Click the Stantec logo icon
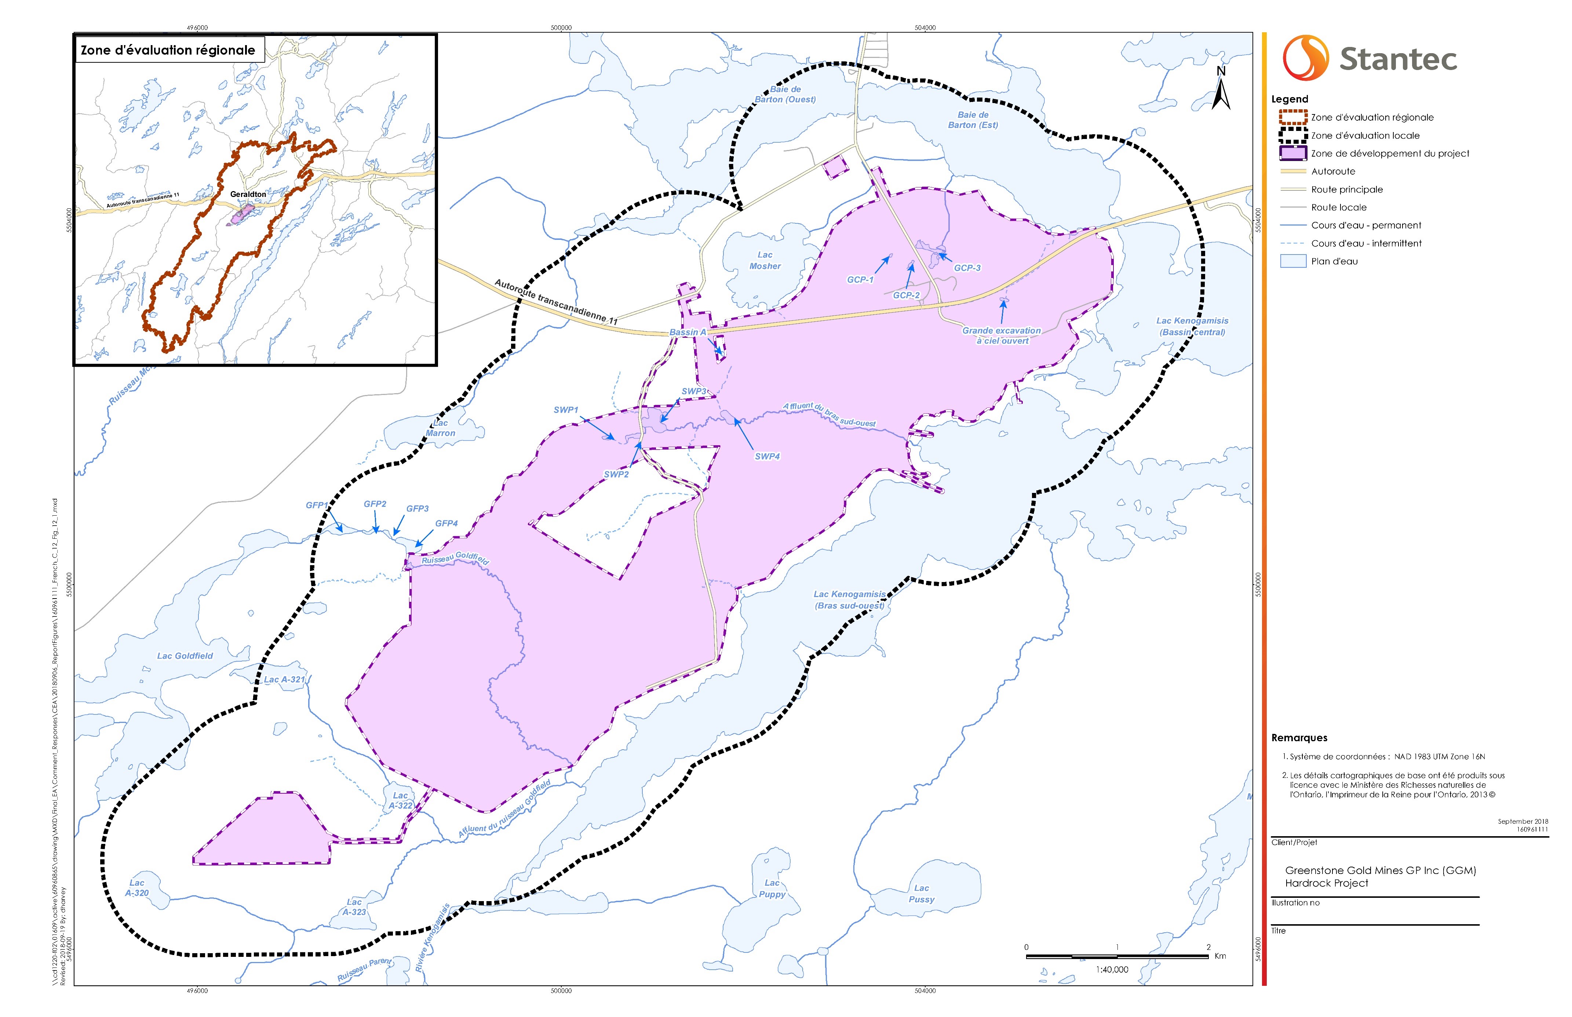pos(1305,58)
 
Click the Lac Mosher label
pos(765,260)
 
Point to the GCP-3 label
pos(967,268)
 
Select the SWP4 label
pos(767,456)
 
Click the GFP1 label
pos(317,505)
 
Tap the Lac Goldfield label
pos(185,656)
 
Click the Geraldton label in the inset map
pos(248,194)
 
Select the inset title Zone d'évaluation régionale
pos(168,50)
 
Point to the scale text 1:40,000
pos(1112,969)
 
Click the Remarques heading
pos(1299,738)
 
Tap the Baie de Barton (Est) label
pos(973,120)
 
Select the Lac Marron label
pos(441,428)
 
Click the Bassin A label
pos(687,332)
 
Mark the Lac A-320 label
pos(137,888)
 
